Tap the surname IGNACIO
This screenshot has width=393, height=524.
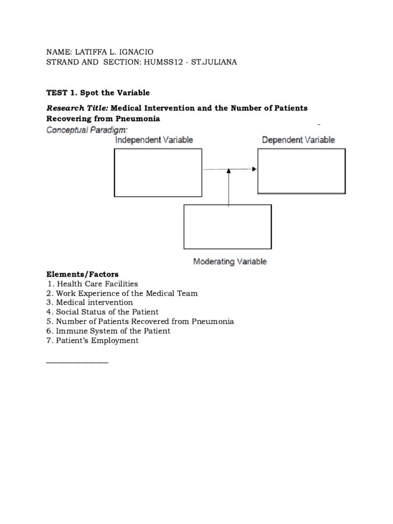pos(135,52)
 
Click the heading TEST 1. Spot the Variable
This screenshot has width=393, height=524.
pos(98,93)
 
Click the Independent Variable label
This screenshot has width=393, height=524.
pos(154,140)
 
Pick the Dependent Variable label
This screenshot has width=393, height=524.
pos(298,139)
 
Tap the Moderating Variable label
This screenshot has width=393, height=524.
pos(230,261)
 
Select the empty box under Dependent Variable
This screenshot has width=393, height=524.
pos(301,171)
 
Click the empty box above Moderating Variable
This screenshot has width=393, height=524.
pos(228,227)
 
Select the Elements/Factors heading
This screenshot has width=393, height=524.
pos(82,274)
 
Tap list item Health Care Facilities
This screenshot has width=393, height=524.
pos(97,283)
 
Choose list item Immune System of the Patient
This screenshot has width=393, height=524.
pos(113,331)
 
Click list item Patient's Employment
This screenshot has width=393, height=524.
pos(97,341)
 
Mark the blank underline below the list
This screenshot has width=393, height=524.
pos(77,362)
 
